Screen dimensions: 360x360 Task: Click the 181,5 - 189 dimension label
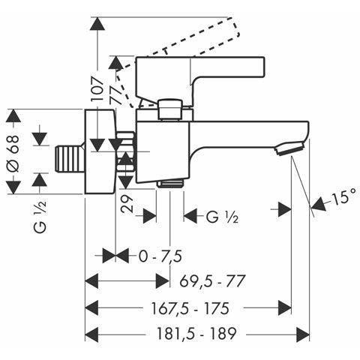point(196,334)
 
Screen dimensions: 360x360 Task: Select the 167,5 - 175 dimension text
point(190,308)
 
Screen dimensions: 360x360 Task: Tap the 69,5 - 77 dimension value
point(211,281)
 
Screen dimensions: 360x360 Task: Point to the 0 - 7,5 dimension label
point(160,256)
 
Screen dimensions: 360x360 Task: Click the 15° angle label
point(343,197)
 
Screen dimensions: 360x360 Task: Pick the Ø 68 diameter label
point(13,153)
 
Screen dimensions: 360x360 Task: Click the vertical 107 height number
point(97,89)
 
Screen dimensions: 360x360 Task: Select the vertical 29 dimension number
point(127,204)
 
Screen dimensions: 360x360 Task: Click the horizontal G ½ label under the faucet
point(222,217)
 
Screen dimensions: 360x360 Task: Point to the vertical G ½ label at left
point(40,217)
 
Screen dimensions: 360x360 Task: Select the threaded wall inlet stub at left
point(69,159)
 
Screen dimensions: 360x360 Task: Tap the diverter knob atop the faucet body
point(169,109)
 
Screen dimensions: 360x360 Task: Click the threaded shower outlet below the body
point(170,184)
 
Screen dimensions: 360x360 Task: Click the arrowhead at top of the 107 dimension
point(97,24)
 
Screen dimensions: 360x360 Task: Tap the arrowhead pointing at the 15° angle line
point(319,203)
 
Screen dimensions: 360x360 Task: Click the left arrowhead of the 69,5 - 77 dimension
point(91,281)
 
